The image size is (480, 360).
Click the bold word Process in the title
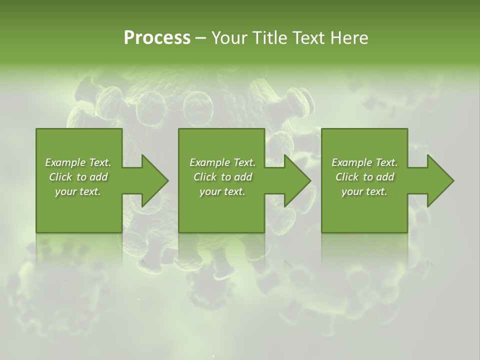(x=157, y=37)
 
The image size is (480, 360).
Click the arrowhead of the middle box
(x=297, y=180)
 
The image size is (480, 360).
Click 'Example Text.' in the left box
(x=78, y=162)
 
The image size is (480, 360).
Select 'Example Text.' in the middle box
(x=222, y=162)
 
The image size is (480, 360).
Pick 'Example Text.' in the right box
(x=364, y=162)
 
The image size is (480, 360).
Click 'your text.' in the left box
(x=78, y=191)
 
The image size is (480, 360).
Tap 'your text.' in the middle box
(x=222, y=191)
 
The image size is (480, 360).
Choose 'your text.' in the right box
(x=364, y=191)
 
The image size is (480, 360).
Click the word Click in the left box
(x=60, y=177)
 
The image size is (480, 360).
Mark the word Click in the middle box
(x=204, y=177)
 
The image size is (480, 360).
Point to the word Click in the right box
(x=347, y=177)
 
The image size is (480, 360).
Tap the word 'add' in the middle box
(x=243, y=177)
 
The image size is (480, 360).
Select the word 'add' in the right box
(x=385, y=177)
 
